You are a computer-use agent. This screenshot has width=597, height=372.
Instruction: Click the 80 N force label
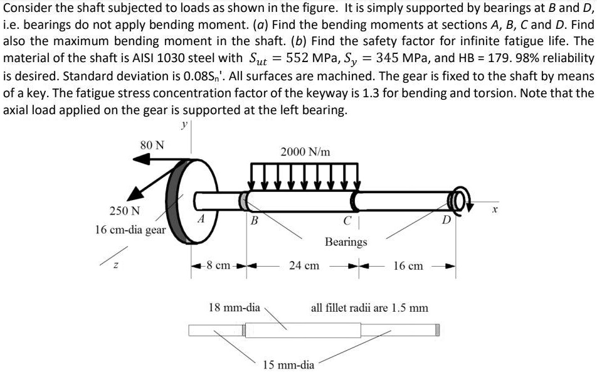pos(152,145)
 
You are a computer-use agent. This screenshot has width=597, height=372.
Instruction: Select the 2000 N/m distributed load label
pos(305,152)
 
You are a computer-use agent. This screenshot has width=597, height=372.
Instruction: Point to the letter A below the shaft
pos(201,219)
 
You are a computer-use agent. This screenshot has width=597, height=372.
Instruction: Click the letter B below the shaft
pos(254,220)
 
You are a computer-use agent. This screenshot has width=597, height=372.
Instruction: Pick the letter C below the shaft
pos(346,220)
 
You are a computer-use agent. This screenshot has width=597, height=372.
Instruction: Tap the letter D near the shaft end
pos(446,220)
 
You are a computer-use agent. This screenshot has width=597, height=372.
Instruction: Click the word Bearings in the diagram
pos(346,242)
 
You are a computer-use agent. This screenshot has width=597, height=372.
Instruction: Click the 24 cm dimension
pos(304,266)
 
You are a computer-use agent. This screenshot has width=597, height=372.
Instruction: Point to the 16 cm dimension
pos(408,266)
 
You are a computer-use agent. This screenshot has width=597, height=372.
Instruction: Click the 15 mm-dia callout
pos(288,364)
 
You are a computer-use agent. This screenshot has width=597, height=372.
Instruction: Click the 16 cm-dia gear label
pos(130,230)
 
